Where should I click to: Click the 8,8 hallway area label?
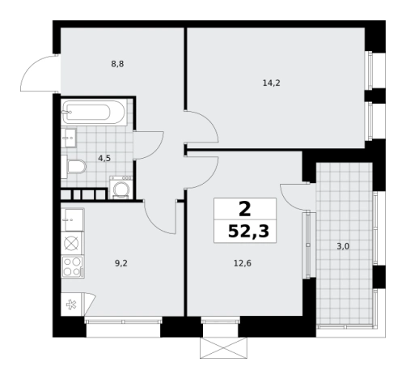[117, 64]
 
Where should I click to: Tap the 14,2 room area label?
[272, 83]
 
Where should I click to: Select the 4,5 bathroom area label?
[104, 158]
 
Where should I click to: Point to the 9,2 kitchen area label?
[121, 263]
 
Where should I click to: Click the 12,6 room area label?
[243, 263]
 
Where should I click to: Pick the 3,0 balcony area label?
[343, 246]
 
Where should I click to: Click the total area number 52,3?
[248, 232]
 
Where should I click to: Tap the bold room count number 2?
[245, 210]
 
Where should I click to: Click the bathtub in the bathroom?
[94, 112]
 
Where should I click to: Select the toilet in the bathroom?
[74, 167]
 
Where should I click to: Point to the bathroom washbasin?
[69, 138]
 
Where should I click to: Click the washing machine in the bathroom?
[121, 187]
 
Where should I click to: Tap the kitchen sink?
[73, 219]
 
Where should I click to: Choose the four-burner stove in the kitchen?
[73, 267]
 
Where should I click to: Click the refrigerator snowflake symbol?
[71, 304]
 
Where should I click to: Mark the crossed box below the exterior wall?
[223, 347]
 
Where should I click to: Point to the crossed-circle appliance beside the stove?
[72, 244]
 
